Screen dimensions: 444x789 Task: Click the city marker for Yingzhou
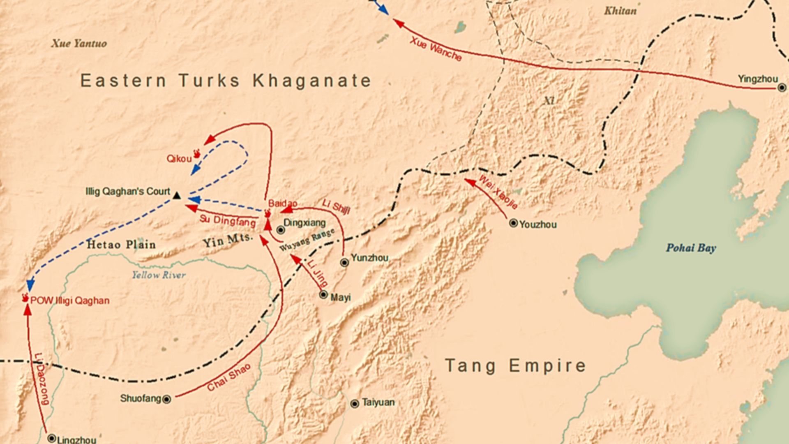[x=782, y=88]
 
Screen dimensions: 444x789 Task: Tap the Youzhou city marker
[x=513, y=223]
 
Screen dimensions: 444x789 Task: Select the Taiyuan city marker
[x=355, y=404]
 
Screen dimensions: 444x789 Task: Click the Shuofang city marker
[x=166, y=399]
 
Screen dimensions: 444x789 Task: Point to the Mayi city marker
[x=323, y=295]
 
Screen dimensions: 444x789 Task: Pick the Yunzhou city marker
[x=345, y=262]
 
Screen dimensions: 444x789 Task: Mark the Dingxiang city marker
[x=281, y=230]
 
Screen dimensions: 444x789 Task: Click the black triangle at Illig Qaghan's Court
[x=177, y=196]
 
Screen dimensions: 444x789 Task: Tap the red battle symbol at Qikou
[x=197, y=154]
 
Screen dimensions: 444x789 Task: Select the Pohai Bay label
[x=691, y=248]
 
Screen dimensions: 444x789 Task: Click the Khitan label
[x=620, y=11]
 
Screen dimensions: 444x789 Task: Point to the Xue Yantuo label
[x=79, y=44]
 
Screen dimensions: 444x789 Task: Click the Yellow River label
[x=159, y=275]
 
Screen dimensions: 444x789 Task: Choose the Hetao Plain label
[x=121, y=245]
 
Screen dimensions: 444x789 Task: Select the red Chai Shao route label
[x=228, y=377]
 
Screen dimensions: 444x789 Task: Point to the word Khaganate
[x=312, y=81]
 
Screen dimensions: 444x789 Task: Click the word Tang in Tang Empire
[x=470, y=365]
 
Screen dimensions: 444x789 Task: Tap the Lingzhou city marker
[x=51, y=438]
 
